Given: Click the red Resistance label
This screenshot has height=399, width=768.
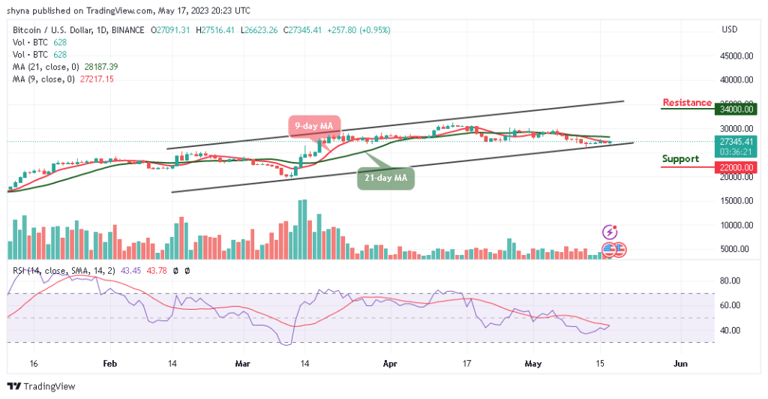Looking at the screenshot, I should coord(686,103).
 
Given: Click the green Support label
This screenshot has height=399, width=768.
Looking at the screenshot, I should coord(680,159).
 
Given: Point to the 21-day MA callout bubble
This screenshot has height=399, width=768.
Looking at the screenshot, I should coord(385,178).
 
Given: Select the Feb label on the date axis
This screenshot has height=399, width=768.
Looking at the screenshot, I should coord(110,363).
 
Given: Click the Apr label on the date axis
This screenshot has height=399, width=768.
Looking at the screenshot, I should coord(391,363).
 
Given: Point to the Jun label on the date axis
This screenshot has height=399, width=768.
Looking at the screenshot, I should coord(679,363).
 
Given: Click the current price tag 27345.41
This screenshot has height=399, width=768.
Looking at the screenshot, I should coord(732,139).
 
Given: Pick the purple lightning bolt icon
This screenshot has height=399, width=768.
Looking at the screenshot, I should coord(610,233).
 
